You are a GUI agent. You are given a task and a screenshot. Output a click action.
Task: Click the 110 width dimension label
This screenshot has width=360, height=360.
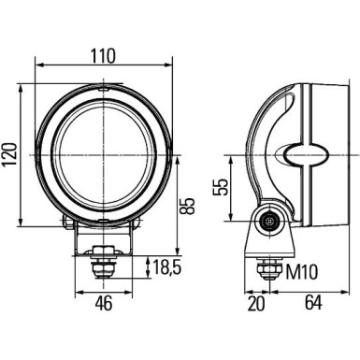[x=103, y=55]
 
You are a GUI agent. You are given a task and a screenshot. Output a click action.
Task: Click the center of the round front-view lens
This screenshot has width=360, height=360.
[x=103, y=151]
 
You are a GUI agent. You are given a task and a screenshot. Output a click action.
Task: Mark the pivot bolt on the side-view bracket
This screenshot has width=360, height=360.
[x=270, y=223]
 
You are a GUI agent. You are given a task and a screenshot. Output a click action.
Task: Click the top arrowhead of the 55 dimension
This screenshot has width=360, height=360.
[x=228, y=157]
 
